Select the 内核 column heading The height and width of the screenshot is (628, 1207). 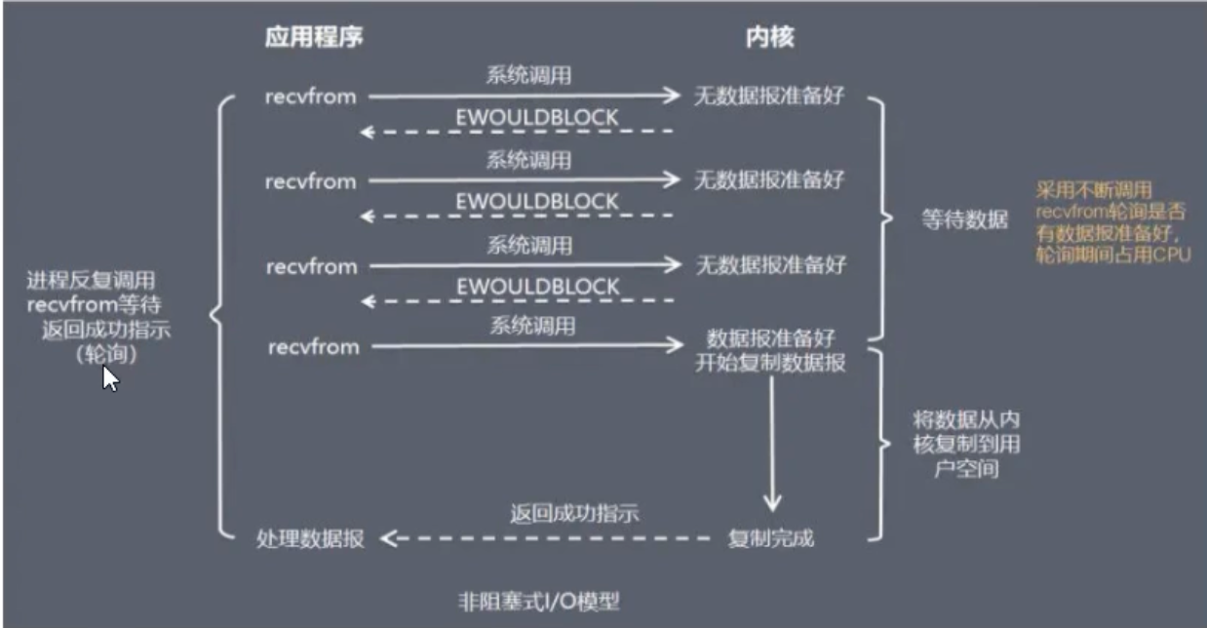pyautogui.click(x=769, y=38)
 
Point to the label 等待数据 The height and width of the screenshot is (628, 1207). pyautogui.click(x=964, y=220)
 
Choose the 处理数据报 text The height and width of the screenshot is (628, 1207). pyautogui.click(x=311, y=538)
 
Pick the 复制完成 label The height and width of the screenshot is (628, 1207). pyautogui.click(x=770, y=538)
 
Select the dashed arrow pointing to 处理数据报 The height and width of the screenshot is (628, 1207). pyautogui.click(x=546, y=538)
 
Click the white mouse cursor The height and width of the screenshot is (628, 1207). pyautogui.click(x=110, y=378)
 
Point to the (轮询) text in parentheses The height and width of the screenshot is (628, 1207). pyautogui.click(x=105, y=355)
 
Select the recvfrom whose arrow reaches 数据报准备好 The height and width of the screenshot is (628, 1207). pyautogui.click(x=312, y=346)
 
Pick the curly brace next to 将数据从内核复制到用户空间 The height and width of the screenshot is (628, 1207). pyautogui.click(x=883, y=444)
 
